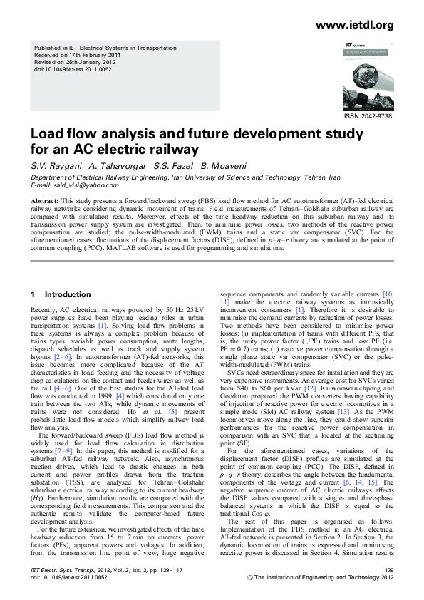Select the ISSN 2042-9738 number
[x=368, y=116]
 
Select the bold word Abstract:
[x=47, y=201]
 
